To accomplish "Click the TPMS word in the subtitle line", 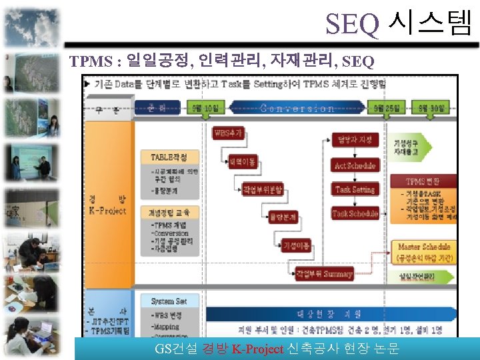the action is (91, 62).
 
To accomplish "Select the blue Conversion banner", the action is (297, 108).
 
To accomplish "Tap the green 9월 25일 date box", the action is (385, 107).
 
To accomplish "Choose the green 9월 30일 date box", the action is (431, 107).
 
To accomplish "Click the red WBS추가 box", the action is (227, 132).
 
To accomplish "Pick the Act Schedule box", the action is (355, 165).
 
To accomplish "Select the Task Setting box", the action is (355, 189).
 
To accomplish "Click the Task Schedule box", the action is (355, 214).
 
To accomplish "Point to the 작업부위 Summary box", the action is (325, 273).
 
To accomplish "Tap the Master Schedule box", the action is (424, 247).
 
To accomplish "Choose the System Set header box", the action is (169, 301).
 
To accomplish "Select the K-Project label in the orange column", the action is (107, 210).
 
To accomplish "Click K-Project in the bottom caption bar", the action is (257, 349).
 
